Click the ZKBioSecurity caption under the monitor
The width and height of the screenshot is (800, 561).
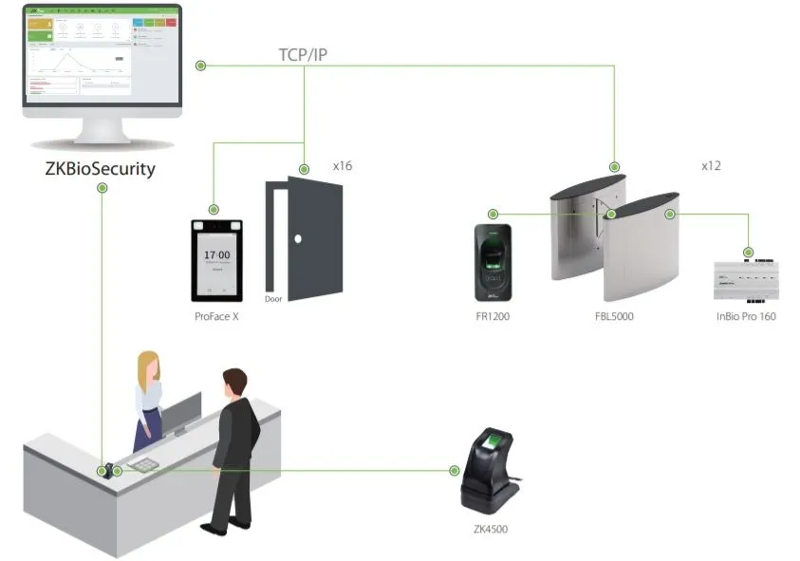(x=101, y=170)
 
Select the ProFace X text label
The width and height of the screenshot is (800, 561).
(x=216, y=316)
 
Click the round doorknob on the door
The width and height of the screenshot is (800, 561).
(x=297, y=239)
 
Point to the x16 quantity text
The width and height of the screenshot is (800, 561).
(x=343, y=166)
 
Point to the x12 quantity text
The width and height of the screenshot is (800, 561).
(x=711, y=166)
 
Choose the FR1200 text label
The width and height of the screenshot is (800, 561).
(x=493, y=316)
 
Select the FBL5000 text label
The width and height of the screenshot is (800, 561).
(x=608, y=316)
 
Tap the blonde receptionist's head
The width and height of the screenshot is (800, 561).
(x=148, y=367)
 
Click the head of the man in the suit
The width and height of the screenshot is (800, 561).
(x=233, y=384)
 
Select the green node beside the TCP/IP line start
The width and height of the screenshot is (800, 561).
(x=201, y=65)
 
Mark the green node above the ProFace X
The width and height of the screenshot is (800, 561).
(x=214, y=208)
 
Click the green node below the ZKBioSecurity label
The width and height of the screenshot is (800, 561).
(x=102, y=188)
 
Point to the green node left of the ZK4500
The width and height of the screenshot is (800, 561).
(x=453, y=470)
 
